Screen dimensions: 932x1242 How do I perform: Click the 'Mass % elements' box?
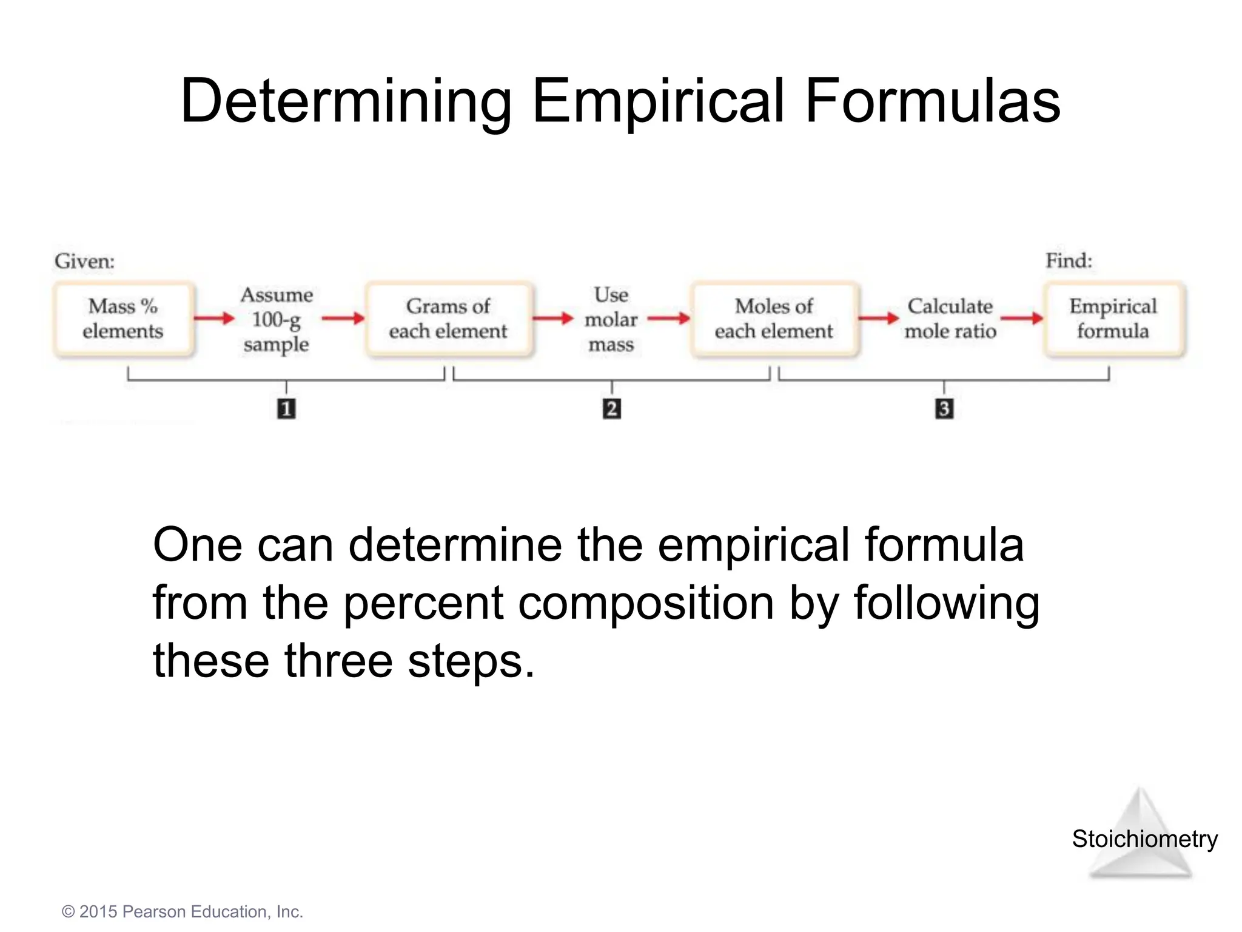[x=124, y=319]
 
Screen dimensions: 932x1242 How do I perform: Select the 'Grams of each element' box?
[x=449, y=319]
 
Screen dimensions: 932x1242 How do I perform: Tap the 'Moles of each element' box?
[x=774, y=319]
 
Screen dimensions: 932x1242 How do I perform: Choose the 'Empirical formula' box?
[x=1113, y=319]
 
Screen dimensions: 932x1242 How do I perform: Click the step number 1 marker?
[x=286, y=408]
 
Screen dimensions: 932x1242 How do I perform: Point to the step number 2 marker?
[x=611, y=408]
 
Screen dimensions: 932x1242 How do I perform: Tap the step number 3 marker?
[x=944, y=408]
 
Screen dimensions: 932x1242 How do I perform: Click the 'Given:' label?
[x=84, y=262]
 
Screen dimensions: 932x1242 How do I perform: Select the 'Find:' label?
[x=1069, y=261]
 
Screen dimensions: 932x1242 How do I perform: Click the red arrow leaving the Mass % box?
[x=214, y=318]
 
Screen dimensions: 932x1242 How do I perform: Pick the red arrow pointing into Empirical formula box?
[x=1022, y=318]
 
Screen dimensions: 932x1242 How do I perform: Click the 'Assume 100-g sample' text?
[x=277, y=319]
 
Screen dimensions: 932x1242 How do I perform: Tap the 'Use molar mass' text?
[x=611, y=319]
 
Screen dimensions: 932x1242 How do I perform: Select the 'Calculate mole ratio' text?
[x=950, y=319]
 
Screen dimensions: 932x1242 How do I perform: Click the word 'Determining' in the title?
[x=346, y=101]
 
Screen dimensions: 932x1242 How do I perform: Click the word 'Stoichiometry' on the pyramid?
[x=1144, y=839]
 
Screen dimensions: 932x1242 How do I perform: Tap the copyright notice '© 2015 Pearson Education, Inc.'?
[x=182, y=912]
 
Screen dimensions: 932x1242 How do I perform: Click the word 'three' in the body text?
[x=338, y=661]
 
